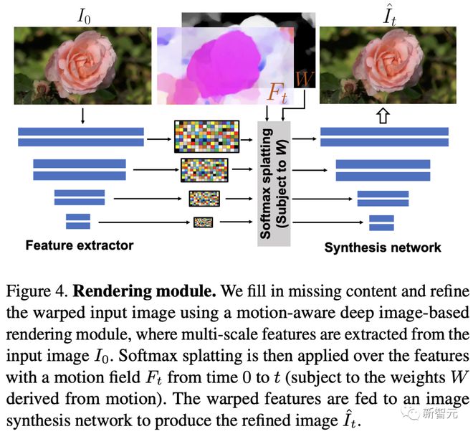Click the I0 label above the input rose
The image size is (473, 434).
coord(83,14)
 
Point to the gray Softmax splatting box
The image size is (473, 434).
coord(274,183)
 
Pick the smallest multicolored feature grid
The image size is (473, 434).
coord(203,222)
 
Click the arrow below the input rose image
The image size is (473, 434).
coord(83,115)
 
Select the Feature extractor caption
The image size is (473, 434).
coord(80,245)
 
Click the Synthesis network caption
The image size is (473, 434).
coord(383,247)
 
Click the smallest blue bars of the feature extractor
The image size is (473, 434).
coord(77,222)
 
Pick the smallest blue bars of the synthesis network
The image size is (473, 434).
coord(381,222)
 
